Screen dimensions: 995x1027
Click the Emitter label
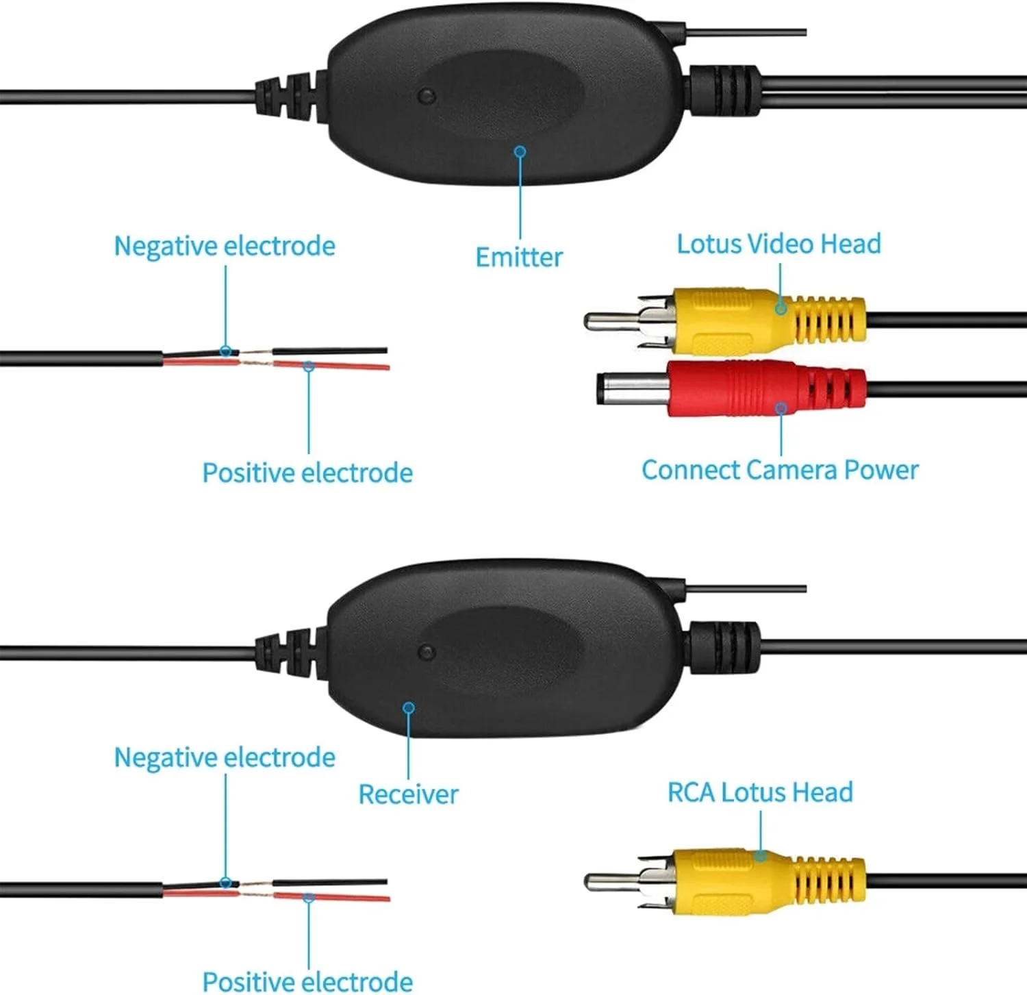(x=519, y=257)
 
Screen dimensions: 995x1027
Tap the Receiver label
(x=408, y=794)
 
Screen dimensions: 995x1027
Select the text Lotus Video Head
(x=778, y=244)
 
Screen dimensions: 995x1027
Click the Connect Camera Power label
(x=780, y=470)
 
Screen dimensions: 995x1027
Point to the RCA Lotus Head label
(x=760, y=792)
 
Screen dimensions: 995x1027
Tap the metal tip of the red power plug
(x=631, y=389)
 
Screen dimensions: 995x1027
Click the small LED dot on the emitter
(x=427, y=95)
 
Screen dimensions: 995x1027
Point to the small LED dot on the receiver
(x=427, y=651)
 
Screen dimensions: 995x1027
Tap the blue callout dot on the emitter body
(x=520, y=151)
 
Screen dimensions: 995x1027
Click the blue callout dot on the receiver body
(x=409, y=707)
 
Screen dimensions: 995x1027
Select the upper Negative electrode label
(x=225, y=247)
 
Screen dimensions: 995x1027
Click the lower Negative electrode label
(x=225, y=758)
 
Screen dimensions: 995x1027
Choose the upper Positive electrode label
(x=307, y=473)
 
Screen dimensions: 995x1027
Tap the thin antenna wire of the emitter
(x=746, y=32)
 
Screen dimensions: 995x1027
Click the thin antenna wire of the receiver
(x=746, y=588)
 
